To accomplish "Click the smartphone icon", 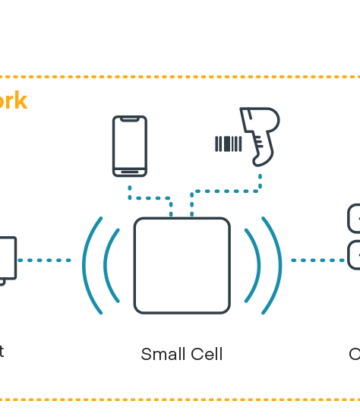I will tap(130, 146).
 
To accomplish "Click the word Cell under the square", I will tap(205, 353).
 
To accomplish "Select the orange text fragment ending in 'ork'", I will tap(14, 101).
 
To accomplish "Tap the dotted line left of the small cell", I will tap(47, 261).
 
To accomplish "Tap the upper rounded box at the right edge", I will tap(353, 219).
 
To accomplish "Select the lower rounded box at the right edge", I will tap(353, 255).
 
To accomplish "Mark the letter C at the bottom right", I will tap(354, 353).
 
